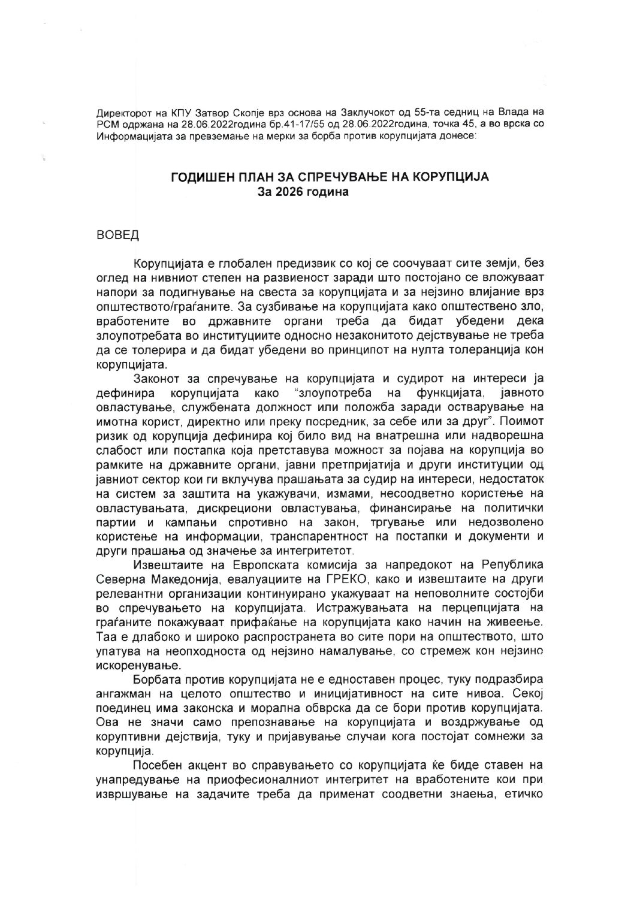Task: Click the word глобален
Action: point(238,264)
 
